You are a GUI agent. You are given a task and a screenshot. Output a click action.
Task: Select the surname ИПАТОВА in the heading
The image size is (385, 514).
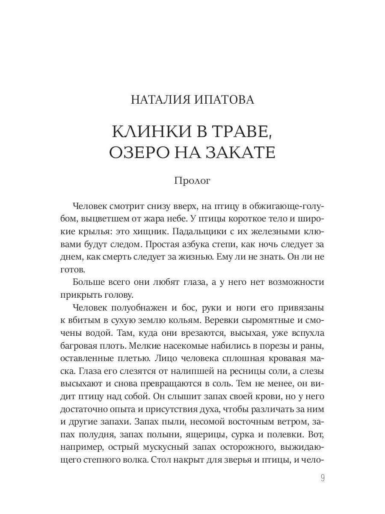tap(224, 100)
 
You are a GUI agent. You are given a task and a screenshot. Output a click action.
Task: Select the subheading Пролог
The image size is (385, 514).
tap(192, 181)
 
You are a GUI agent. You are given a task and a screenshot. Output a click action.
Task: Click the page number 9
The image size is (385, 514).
tap(323, 478)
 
